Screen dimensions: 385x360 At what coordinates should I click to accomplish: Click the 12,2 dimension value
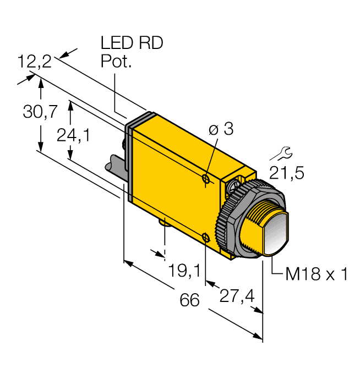point(34,62)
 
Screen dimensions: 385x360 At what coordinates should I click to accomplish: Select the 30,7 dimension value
point(40,112)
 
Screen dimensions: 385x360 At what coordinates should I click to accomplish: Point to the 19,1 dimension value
point(184,270)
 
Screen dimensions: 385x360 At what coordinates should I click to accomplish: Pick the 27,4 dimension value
point(237,296)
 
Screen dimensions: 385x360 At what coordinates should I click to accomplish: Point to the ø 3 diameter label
point(221,130)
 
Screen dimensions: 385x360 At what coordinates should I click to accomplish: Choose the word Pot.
point(117,62)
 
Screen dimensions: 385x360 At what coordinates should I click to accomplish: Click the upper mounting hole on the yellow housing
point(205,179)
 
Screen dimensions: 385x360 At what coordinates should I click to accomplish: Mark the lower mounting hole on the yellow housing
point(205,238)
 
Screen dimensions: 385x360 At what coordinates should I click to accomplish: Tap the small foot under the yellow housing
point(165,222)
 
